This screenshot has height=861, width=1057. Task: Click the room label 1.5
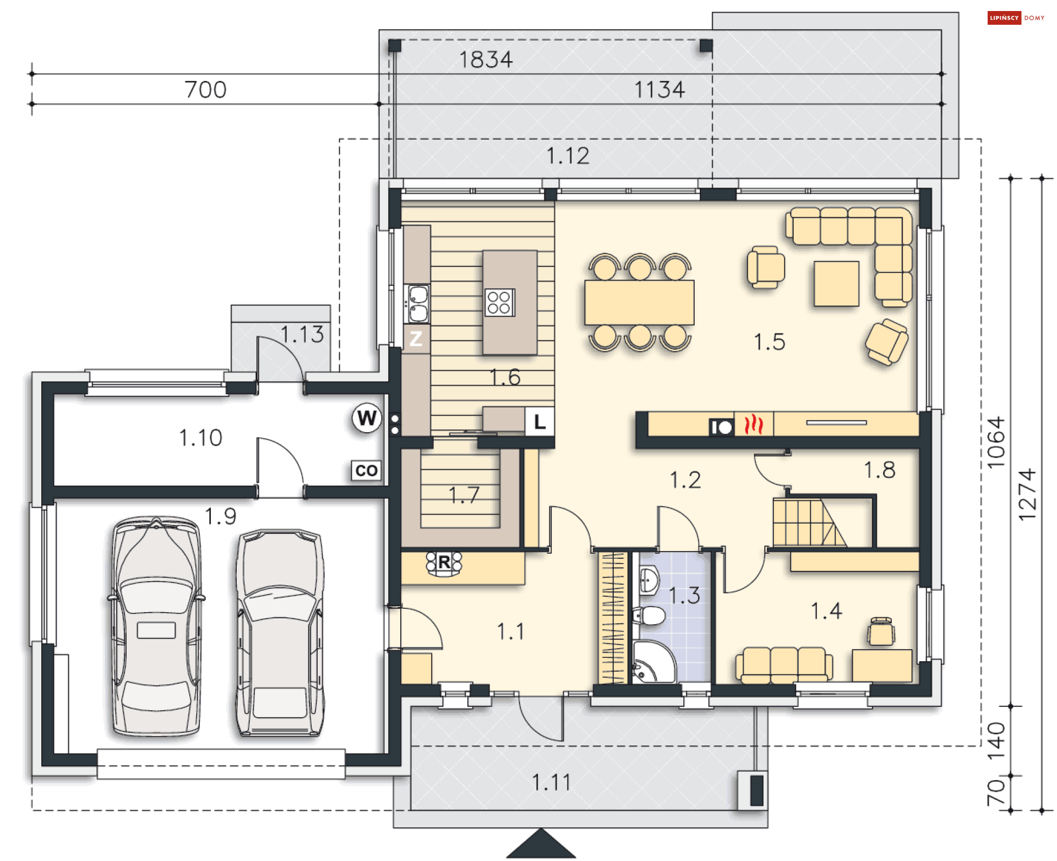(x=769, y=342)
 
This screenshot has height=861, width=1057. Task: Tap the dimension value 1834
(x=486, y=59)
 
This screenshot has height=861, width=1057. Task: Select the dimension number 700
(x=205, y=90)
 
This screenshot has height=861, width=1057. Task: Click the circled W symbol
(x=367, y=418)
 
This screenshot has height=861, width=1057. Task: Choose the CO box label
(x=366, y=471)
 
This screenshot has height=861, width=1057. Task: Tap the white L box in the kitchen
(x=540, y=422)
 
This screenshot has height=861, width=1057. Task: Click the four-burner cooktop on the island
(x=499, y=302)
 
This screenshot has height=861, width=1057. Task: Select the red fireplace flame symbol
(x=754, y=425)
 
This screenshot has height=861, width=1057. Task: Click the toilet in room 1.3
(x=650, y=615)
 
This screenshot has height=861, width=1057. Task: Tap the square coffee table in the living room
(x=836, y=283)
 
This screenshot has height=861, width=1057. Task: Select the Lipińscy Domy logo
(x=1016, y=18)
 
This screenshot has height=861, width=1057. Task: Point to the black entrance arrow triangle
(x=541, y=844)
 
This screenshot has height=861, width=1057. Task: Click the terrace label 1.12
(x=567, y=156)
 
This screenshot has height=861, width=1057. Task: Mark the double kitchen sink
(x=417, y=303)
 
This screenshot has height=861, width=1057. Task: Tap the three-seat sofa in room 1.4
(x=783, y=664)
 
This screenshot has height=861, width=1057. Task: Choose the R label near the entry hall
(x=444, y=563)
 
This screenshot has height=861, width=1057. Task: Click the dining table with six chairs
(x=639, y=302)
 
